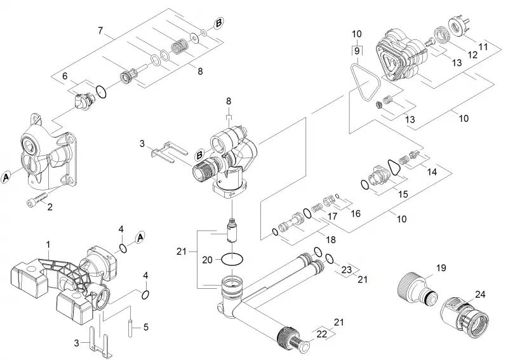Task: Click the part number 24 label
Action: point(480,294)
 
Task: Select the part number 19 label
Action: point(441,268)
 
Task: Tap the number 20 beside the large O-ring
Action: point(207,260)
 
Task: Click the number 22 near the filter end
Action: point(322,334)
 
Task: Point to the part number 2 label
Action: point(50,207)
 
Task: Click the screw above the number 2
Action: point(36,198)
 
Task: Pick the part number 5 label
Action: point(146,327)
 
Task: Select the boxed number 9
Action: point(357,51)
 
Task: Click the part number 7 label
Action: point(100,30)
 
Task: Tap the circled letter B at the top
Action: point(218,23)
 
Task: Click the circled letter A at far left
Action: point(6,178)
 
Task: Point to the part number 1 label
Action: point(48,244)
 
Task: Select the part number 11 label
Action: point(483,46)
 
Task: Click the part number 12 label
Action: point(472,55)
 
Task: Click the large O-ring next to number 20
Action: point(232,259)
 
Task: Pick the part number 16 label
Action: point(356,213)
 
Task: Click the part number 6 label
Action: point(65,76)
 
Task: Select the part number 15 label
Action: point(403,194)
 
